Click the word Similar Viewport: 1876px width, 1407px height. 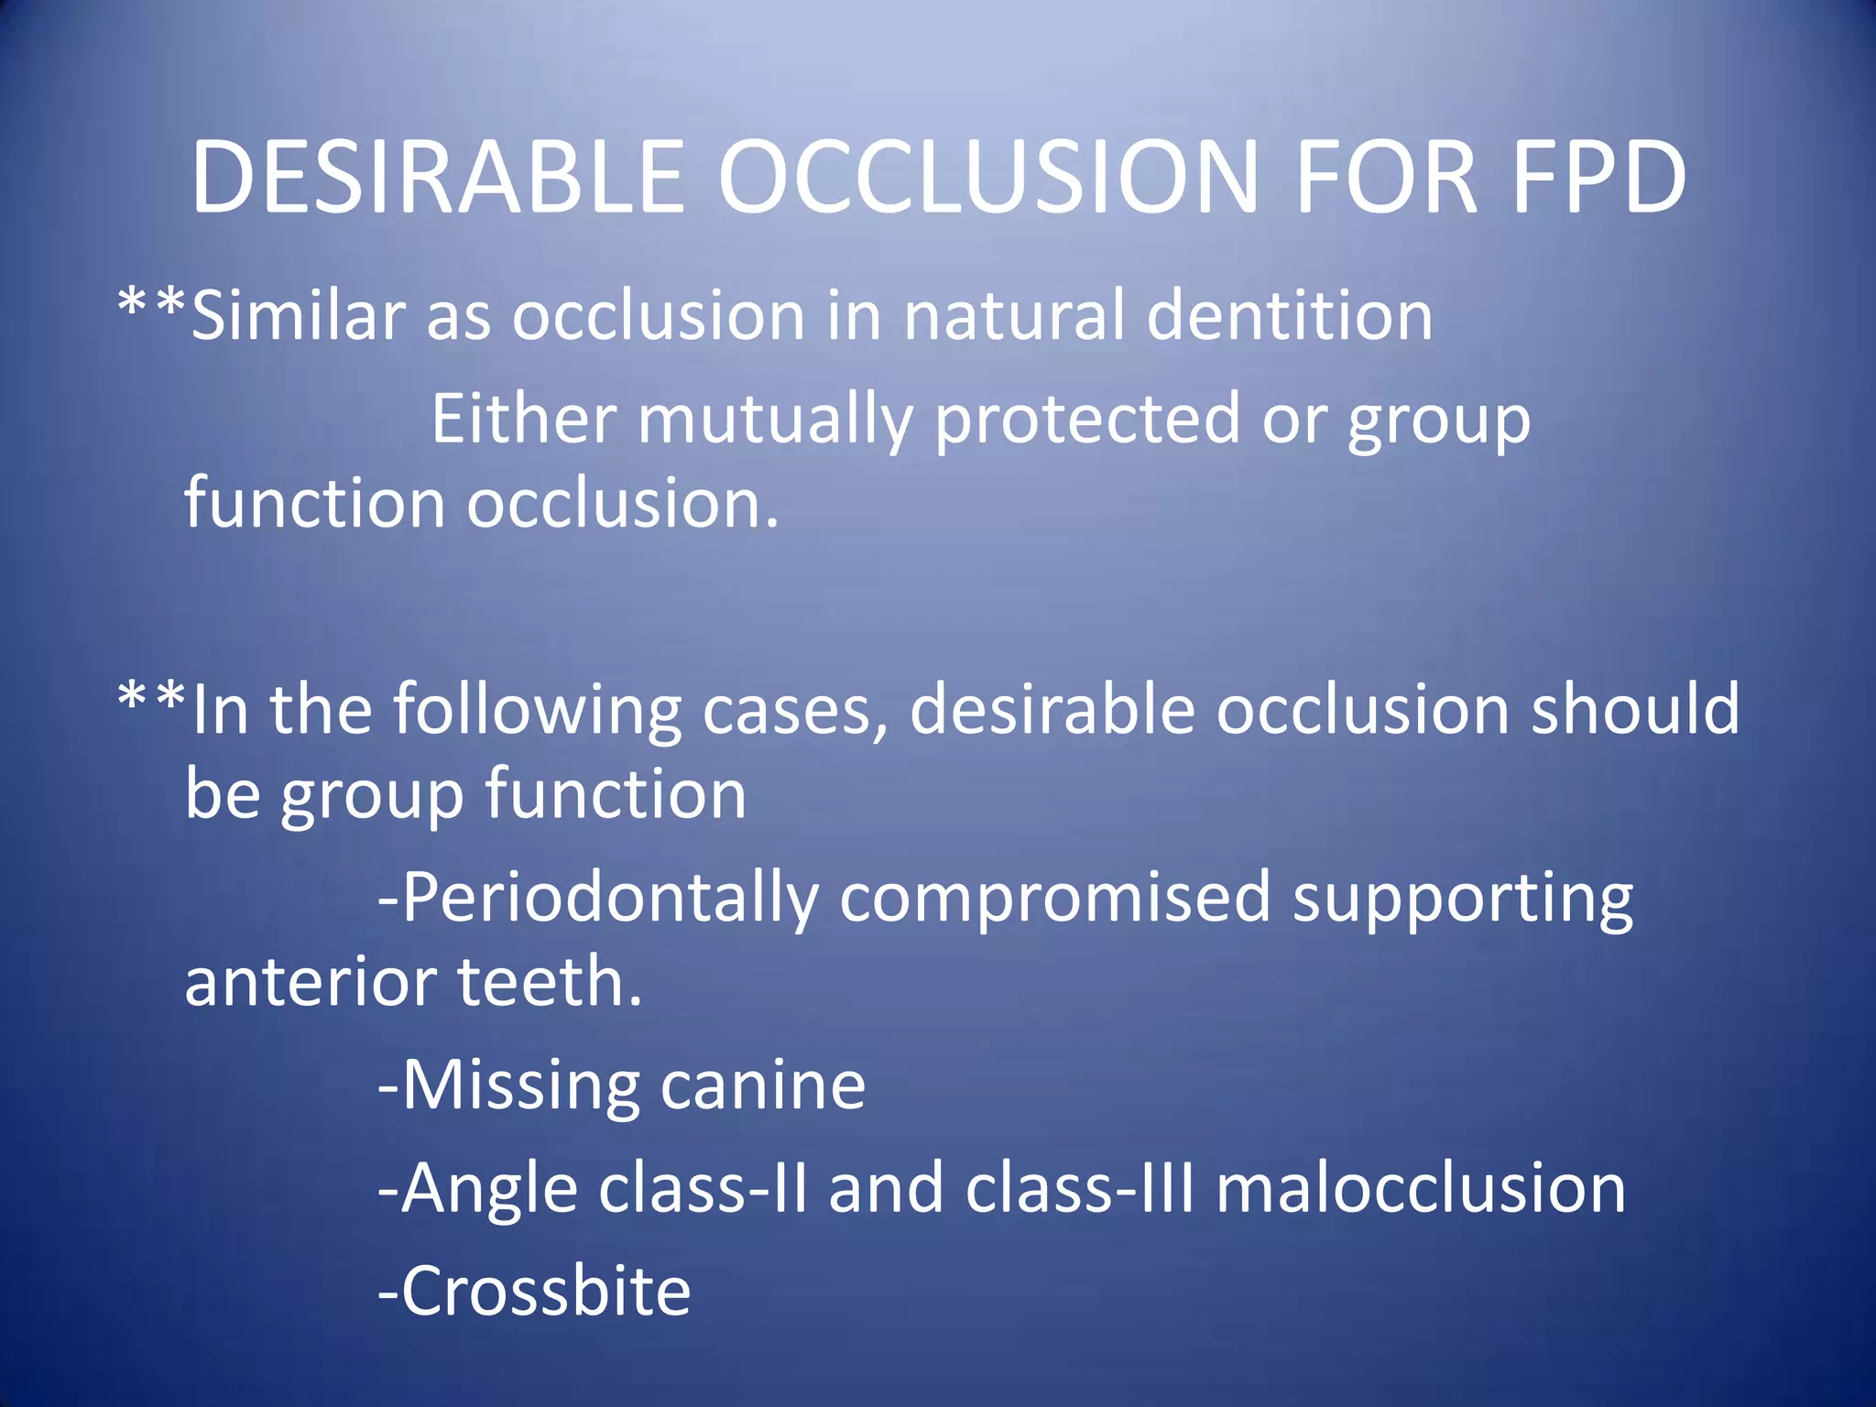pyautogui.click(x=298, y=315)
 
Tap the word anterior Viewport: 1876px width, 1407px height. pyautogui.click(x=312, y=982)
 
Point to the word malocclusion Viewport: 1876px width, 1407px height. pyautogui.click(x=1421, y=1188)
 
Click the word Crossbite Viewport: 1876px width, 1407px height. pyautogui.click(x=546, y=1292)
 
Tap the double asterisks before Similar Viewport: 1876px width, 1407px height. pyautogui.click(x=152, y=303)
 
